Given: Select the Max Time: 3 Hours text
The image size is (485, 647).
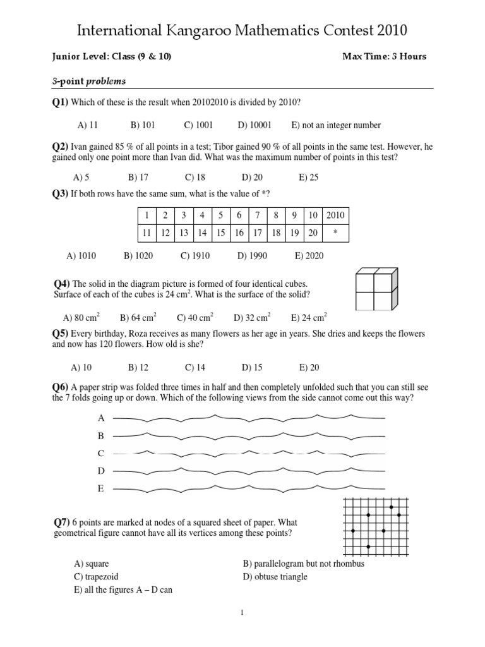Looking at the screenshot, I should click(384, 56).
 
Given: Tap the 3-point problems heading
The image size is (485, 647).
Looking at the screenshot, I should click(88, 81).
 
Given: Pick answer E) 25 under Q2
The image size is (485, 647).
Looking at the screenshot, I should click(308, 178).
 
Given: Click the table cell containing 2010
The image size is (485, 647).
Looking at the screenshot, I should click(335, 215).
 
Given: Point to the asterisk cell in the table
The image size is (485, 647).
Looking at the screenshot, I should click(335, 233).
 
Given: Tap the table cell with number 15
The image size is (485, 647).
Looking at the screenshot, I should click(220, 233).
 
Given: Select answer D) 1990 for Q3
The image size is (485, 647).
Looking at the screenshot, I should click(252, 256).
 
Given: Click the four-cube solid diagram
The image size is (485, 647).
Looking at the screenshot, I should click(376, 289).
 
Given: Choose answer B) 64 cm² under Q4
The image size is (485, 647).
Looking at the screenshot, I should click(138, 317).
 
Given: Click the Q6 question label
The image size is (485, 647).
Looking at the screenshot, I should click(61, 387).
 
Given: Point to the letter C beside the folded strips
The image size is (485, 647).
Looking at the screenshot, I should click(100, 453).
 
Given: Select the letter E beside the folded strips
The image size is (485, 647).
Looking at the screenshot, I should click(100, 488).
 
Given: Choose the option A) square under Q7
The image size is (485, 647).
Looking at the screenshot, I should click(87, 564).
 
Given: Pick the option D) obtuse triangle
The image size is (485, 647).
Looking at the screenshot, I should click(275, 576).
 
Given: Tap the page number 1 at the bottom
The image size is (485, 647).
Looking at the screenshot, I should click(242, 612).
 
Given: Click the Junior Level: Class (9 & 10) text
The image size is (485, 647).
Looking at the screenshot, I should click(112, 56).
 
